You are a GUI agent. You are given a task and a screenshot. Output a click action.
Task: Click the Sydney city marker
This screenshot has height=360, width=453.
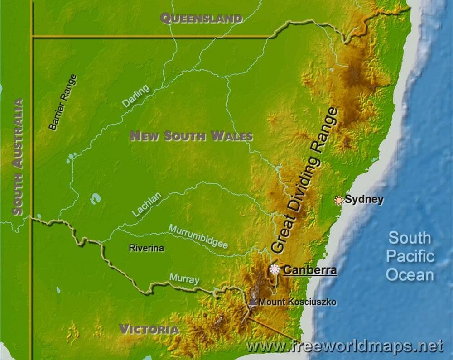338,200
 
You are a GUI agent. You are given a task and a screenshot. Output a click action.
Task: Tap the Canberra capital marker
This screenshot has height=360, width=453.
275,270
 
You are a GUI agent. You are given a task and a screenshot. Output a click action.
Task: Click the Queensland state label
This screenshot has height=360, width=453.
201,19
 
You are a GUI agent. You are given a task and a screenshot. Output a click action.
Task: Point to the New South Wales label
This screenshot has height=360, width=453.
191,136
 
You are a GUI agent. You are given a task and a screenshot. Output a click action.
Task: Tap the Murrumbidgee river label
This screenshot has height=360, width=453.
198,236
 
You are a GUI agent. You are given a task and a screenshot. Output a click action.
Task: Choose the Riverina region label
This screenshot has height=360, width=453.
146,248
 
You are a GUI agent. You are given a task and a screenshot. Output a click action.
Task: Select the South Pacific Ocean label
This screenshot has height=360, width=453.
410,256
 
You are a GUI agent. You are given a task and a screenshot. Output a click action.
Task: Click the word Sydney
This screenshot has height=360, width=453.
364,200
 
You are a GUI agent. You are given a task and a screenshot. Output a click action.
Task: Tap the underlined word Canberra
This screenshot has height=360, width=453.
310,271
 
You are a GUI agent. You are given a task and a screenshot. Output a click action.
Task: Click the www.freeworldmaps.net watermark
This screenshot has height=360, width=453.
345,346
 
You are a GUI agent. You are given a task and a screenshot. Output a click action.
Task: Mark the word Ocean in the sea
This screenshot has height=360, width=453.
410,275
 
